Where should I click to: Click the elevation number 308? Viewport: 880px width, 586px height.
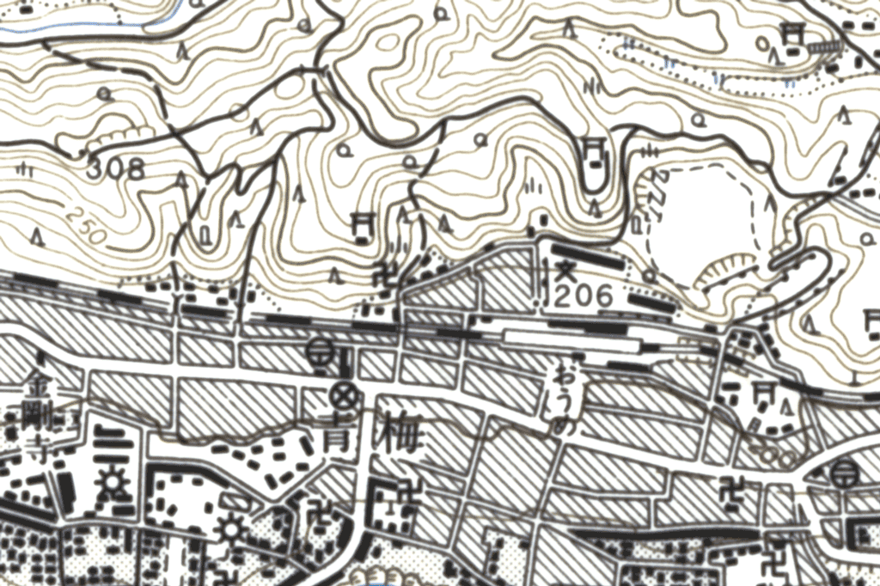pos(115,169)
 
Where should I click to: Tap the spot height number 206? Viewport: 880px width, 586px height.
pos(584,297)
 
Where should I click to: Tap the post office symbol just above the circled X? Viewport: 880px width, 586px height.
pos(321,351)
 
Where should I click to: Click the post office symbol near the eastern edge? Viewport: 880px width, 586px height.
pos(846,470)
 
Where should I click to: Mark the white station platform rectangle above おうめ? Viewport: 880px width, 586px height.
pos(571,343)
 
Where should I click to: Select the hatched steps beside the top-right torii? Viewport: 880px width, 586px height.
pos(826,45)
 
